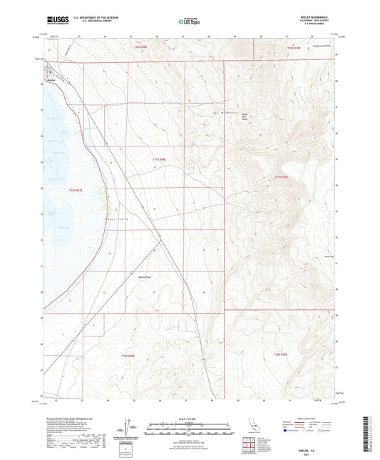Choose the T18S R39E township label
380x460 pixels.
pos(283,355)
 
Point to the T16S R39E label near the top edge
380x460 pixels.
pos(294,48)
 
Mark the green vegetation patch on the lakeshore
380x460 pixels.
pos(106,194)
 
